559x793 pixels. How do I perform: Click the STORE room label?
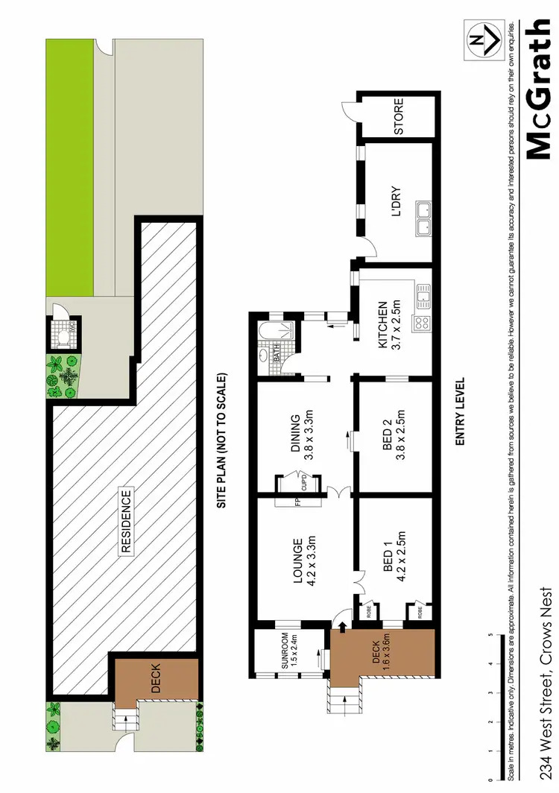398,116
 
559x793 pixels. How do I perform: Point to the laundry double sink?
423,218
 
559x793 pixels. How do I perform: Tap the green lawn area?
69,164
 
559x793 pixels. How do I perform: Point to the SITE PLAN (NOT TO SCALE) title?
221,441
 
